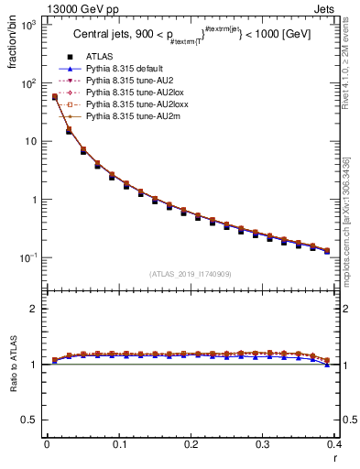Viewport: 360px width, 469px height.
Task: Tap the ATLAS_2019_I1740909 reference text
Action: click(x=191, y=273)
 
